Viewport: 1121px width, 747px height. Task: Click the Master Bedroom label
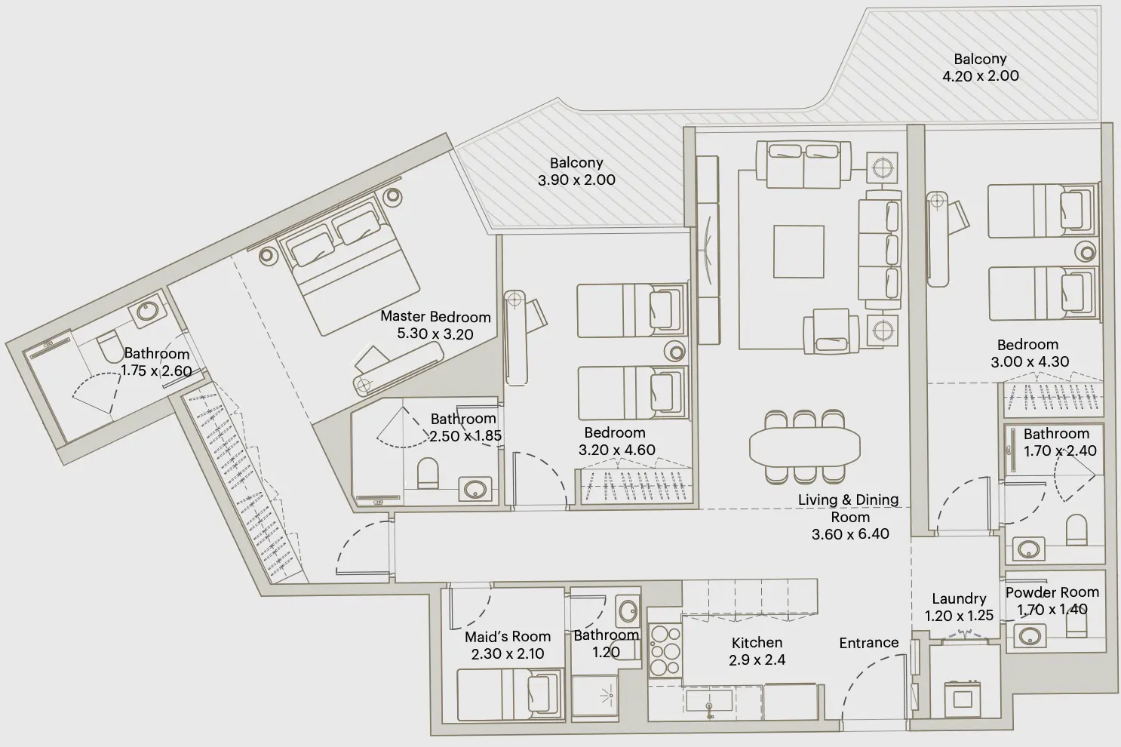[435, 317]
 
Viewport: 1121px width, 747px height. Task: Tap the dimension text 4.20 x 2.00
[980, 76]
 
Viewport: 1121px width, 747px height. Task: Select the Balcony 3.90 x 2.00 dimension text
[576, 180]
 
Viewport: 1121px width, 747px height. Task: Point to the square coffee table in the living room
[798, 252]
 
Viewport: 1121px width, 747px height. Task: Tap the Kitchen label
[757, 643]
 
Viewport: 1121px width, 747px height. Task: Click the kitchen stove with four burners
[665, 652]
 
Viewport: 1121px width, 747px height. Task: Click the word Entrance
[868, 643]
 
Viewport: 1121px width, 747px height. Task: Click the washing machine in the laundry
[963, 699]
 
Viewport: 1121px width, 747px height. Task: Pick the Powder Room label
[1052, 592]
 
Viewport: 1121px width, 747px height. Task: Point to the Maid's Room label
[507, 637]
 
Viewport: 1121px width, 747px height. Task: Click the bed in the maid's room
[511, 693]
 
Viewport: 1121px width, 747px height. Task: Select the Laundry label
[959, 599]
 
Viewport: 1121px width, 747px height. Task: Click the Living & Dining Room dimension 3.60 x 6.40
[850, 534]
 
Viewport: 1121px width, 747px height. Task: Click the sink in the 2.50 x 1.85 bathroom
[476, 489]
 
